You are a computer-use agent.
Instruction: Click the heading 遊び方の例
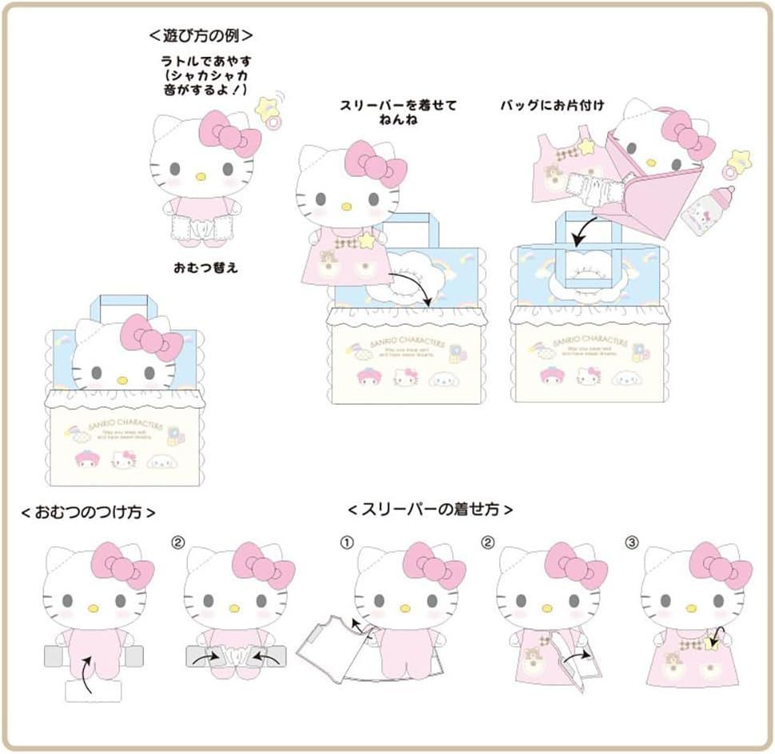coord(202,36)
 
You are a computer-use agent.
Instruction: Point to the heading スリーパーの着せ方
coord(431,509)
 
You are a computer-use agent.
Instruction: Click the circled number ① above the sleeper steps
coord(346,541)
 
